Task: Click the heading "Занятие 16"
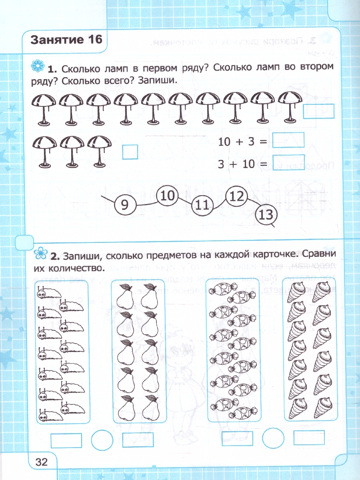[66, 40]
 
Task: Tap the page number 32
[41, 462]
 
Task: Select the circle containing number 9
[124, 206]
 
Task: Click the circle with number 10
[168, 196]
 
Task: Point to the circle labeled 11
[202, 206]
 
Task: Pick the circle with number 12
[237, 196]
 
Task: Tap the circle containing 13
[266, 216]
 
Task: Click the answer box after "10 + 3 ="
[288, 140]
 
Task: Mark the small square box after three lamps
[130, 152]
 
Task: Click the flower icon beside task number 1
[37, 66]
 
